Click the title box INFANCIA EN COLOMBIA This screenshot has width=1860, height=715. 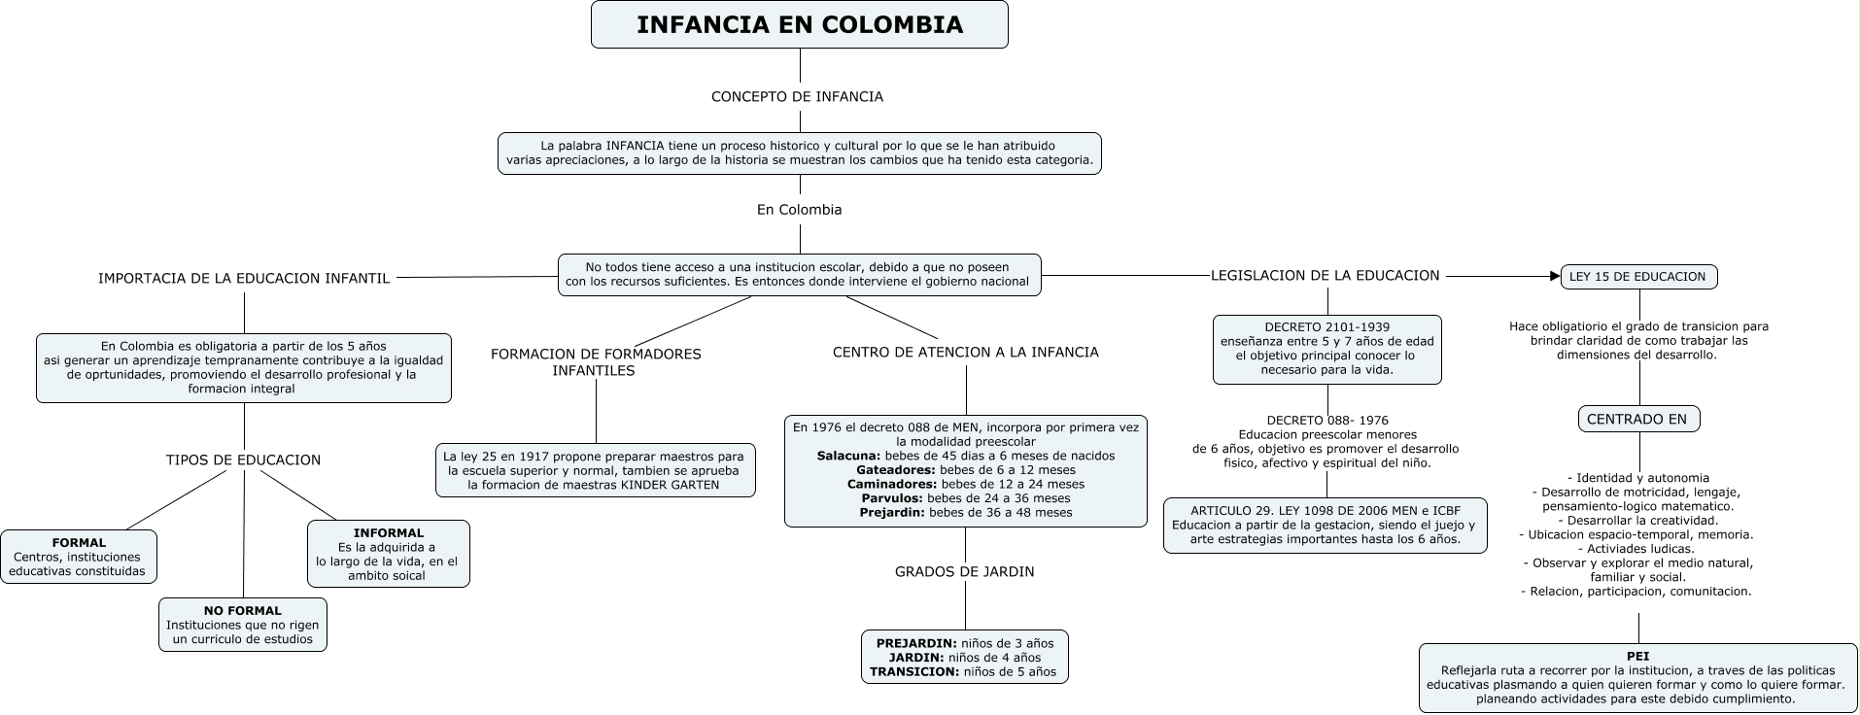pyautogui.click(x=799, y=25)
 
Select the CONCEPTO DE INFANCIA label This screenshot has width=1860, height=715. pyautogui.click(x=797, y=97)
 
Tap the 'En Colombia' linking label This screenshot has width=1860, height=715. pyautogui.click(x=799, y=210)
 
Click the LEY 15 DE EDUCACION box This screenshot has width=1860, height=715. pyautogui.click(x=1637, y=277)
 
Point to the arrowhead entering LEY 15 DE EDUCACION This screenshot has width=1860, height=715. pyautogui.click(x=1554, y=277)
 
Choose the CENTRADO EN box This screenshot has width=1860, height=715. pyautogui.click(x=1638, y=420)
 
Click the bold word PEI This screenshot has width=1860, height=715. pyautogui.click(x=1637, y=657)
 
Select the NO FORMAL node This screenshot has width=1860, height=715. pyautogui.click(x=243, y=625)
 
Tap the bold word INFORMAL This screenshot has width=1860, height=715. pyautogui.click(x=389, y=533)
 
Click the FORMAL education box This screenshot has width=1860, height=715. pyautogui.click(x=79, y=557)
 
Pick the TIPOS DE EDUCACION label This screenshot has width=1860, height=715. pyautogui.click(x=243, y=460)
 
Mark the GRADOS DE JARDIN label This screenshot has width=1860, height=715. pyautogui.click(x=964, y=572)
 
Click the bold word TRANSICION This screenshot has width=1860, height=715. pyautogui.click(x=913, y=671)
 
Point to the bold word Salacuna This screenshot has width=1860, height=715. pyautogui.click(x=848, y=456)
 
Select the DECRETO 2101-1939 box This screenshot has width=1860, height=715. pyautogui.click(x=1326, y=349)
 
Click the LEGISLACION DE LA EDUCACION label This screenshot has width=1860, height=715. pyautogui.click(x=1325, y=276)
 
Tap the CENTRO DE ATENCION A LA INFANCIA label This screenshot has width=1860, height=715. pyautogui.click(x=965, y=353)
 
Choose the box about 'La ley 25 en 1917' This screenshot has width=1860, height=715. pyautogui.click(x=595, y=470)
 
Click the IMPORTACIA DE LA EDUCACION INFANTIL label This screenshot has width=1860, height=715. pyautogui.click(x=244, y=279)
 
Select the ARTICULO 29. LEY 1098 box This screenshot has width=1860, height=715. pyautogui.click(x=1325, y=525)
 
